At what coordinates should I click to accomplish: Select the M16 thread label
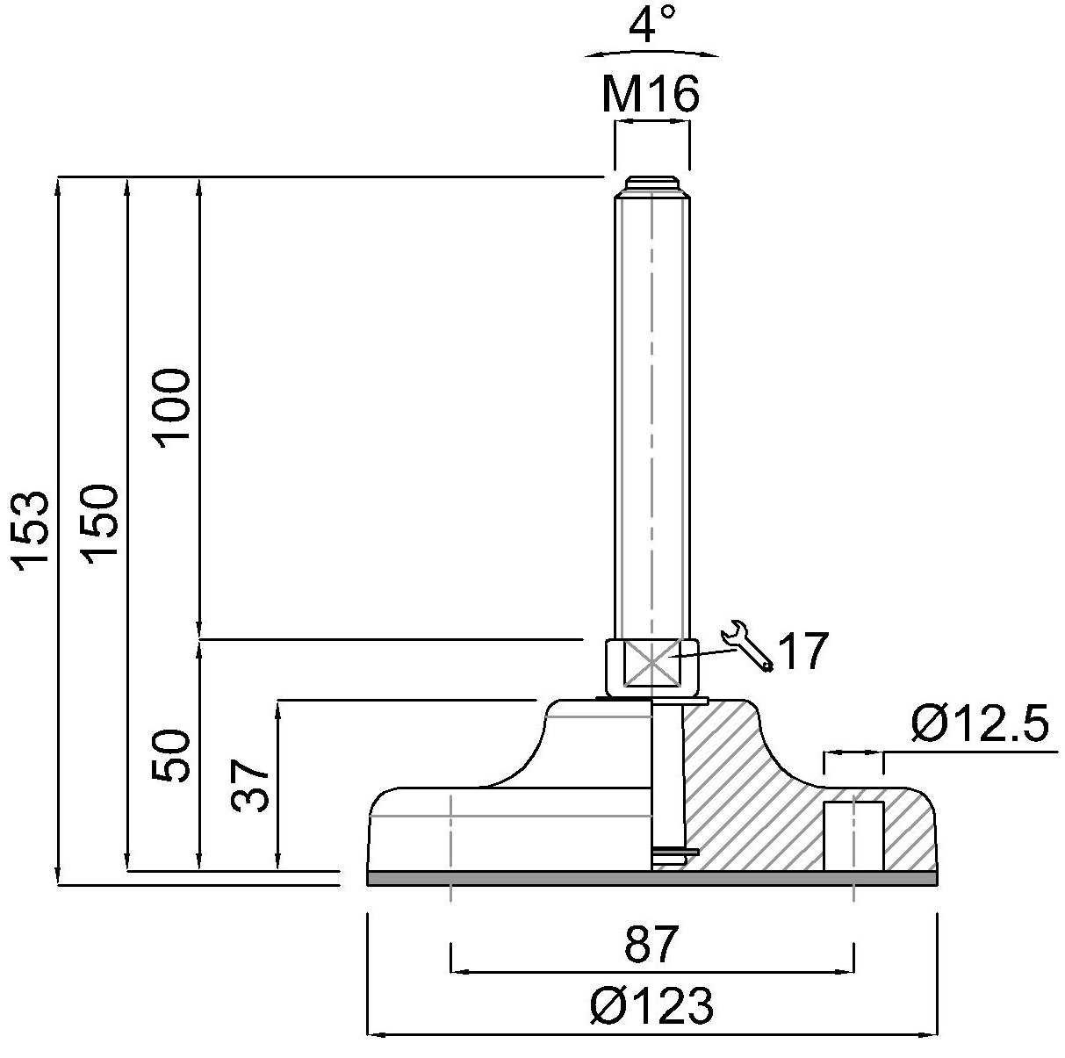pyautogui.click(x=651, y=93)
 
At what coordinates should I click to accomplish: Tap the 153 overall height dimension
pyautogui.click(x=31, y=530)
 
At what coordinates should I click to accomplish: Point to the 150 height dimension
pyautogui.click(x=100, y=524)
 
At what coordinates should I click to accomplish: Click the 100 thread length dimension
pyautogui.click(x=171, y=408)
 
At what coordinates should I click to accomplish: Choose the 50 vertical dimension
pyautogui.click(x=171, y=756)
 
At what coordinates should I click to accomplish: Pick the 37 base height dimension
pyautogui.click(x=250, y=786)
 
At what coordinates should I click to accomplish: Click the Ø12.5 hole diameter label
pyautogui.click(x=979, y=723)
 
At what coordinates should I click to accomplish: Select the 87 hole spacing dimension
pyautogui.click(x=651, y=945)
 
